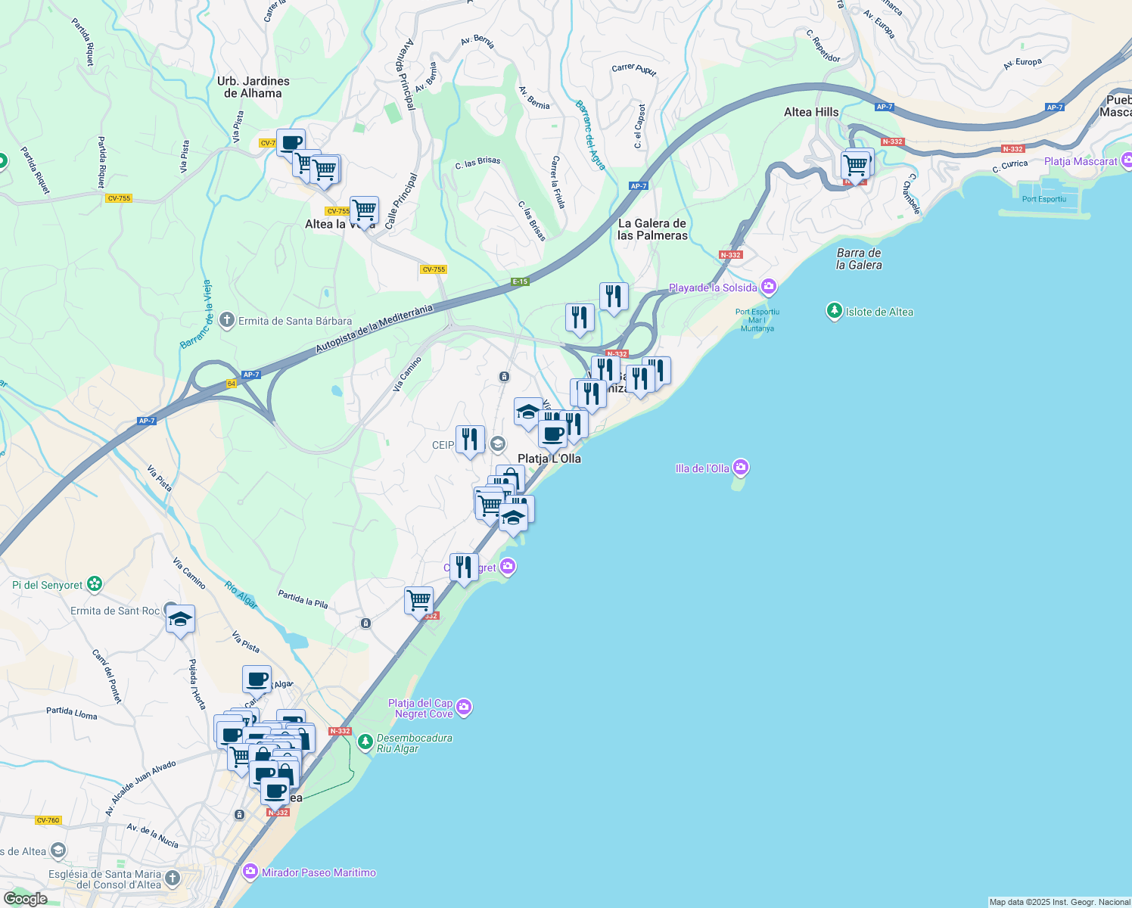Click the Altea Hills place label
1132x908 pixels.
coord(811,112)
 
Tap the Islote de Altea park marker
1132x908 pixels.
coord(835,311)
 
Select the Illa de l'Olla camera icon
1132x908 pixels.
coord(741,468)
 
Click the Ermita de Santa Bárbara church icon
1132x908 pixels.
coord(226,320)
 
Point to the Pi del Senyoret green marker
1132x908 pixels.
coord(94,584)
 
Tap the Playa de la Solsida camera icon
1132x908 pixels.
coord(769,287)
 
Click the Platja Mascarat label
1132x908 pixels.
coord(1080,161)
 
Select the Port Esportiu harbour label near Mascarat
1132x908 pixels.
coord(1043,199)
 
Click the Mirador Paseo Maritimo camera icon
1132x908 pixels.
coord(250,872)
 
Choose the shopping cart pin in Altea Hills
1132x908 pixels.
coord(856,165)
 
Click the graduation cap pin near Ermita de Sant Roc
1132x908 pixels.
coord(180,620)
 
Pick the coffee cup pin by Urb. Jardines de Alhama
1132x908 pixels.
coord(291,142)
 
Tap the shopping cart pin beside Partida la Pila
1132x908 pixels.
coord(418,601)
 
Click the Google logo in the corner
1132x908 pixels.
coord(26,898)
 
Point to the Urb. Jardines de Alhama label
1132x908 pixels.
coord(253,87)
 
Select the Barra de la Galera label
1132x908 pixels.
coord(859,259)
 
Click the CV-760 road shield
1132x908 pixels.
coord(48,820)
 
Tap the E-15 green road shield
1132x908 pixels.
coord(519,281)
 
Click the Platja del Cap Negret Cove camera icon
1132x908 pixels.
coord(464,707)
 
